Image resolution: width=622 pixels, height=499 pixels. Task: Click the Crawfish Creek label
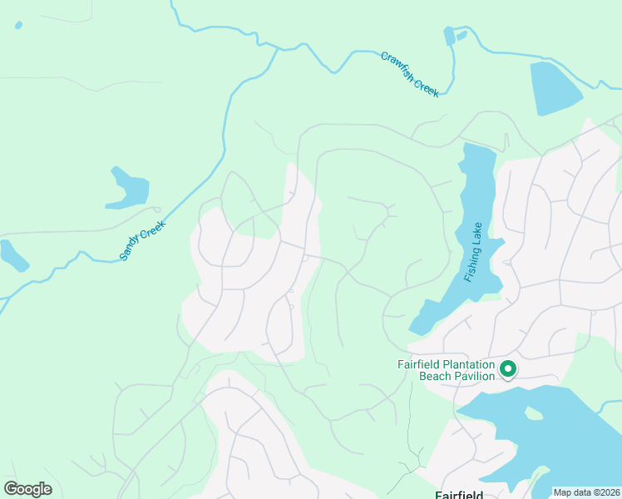pyautogui.click(x=410, y=75)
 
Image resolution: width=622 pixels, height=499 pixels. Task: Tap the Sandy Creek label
pyautogui.click(x=143, y=241)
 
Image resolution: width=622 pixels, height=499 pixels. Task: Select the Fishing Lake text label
pyautogui.click(x=474, y=252)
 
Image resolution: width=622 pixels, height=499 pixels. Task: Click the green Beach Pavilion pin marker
pyautogui.click(x=507, y=368)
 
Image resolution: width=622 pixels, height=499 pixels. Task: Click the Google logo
pyautogui.click(x=27, y=488)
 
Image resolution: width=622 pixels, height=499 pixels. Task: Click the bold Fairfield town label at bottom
pyautogui.click(x=459, y=495)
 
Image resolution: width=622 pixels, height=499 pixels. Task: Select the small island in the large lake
pyautogui.click(x=532, y=413)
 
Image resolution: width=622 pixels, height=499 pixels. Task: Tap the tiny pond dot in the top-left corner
pyautogui.click(x=18, y=25)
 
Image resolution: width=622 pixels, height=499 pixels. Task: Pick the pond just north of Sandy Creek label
pyautogui.click(x=127, y=190)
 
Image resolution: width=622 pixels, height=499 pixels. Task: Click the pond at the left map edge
pyautogui.click(x=12, y=255)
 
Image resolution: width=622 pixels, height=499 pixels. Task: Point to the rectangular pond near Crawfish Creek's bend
pyautogui.click(x=450, y=36)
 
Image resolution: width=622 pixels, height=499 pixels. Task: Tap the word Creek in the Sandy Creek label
pyautogui.click(x=153, y=230)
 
